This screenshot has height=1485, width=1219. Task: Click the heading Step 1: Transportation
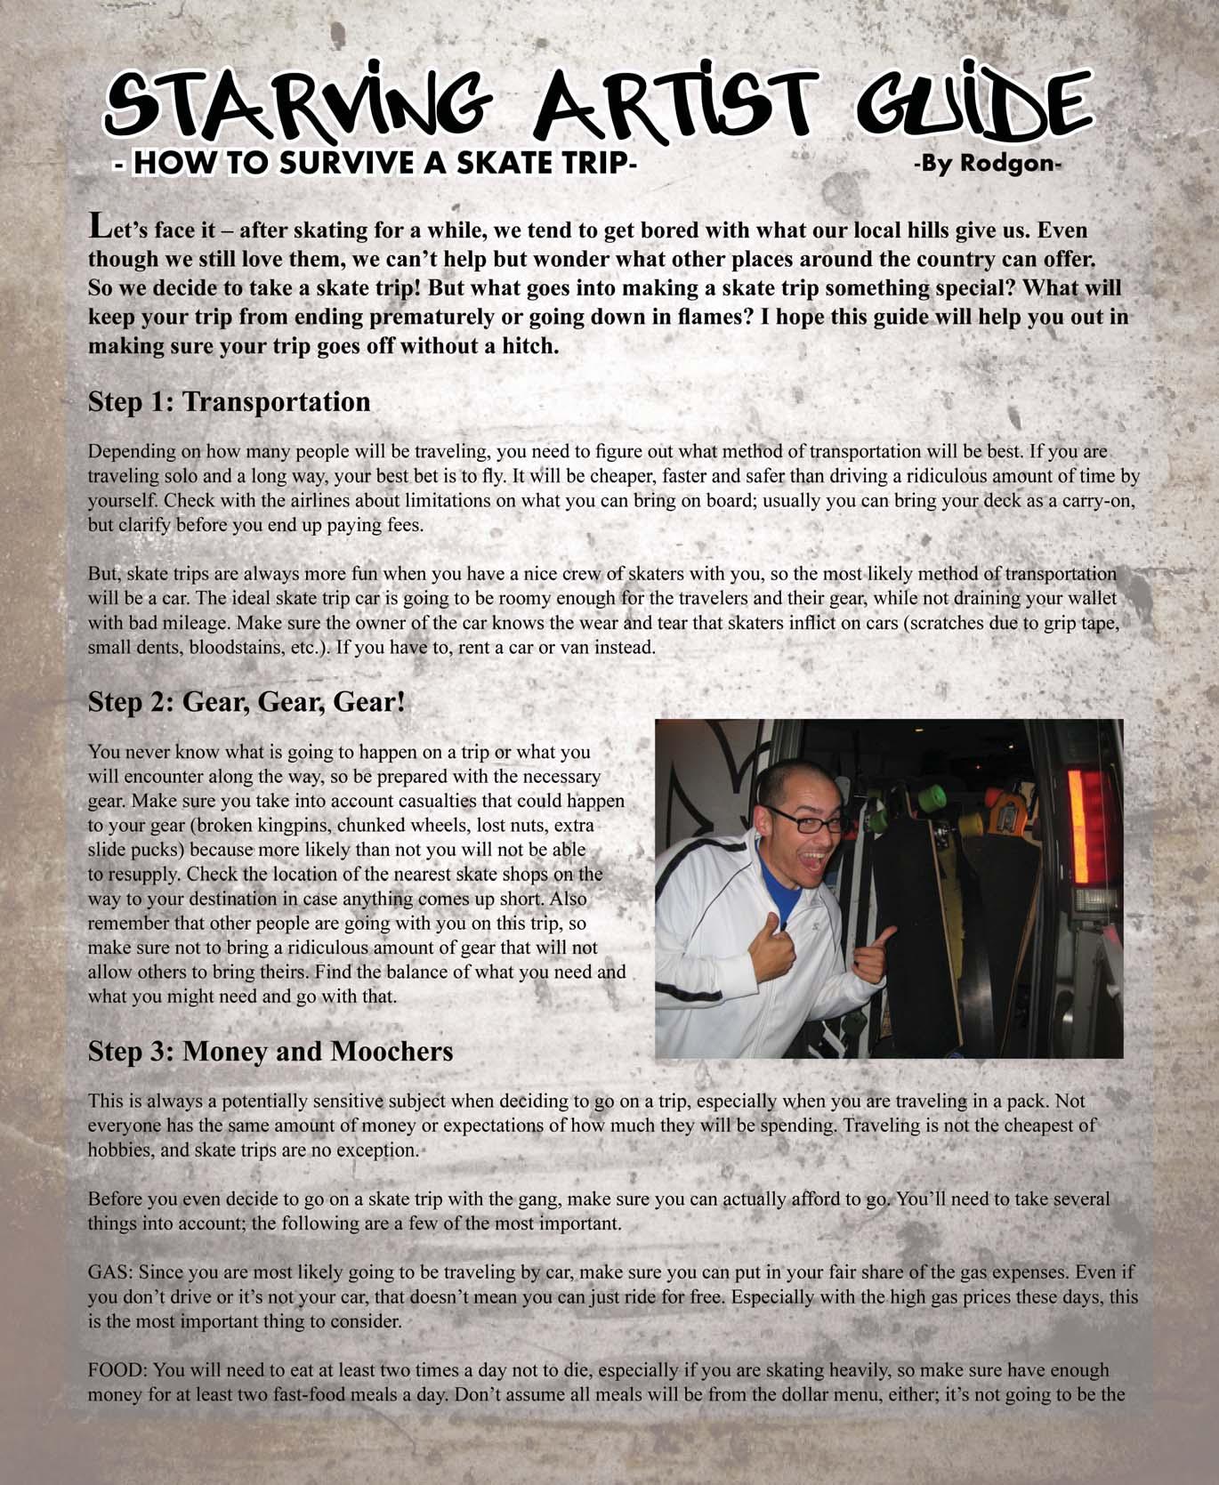pos(229,402)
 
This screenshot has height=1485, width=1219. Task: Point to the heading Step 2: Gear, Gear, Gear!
pos(246,702)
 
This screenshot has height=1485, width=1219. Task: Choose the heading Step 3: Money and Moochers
pos(270,1051)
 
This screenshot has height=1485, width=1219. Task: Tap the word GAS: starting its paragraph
pos(109,1272)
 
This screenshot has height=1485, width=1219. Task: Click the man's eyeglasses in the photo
pos(806,820)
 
